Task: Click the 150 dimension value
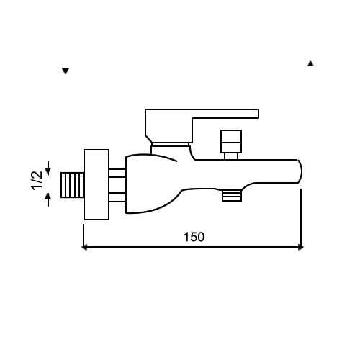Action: point(194,237)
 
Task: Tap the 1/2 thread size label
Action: point(37,181)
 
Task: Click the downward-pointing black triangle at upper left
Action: point(66,71)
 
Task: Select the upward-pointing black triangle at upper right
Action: point(310,63)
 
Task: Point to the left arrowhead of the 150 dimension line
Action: point(84,247)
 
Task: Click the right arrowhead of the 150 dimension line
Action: point(301,247)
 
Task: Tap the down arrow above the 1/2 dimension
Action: point(48,168)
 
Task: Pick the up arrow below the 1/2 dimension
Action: point(48,200)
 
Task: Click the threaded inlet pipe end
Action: point(72,185)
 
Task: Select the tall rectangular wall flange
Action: point(96,184)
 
